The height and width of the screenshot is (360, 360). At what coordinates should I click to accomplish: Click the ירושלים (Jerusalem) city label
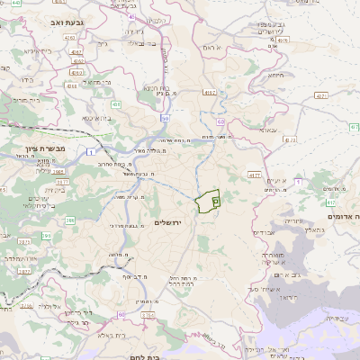(168, 222)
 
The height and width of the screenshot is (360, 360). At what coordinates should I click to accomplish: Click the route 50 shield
(165, 119)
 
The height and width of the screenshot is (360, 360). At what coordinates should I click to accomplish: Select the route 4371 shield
(320, 94)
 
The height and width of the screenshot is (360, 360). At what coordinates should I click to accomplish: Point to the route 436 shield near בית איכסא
(116, 105)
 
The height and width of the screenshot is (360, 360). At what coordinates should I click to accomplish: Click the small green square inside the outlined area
(215, 202)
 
